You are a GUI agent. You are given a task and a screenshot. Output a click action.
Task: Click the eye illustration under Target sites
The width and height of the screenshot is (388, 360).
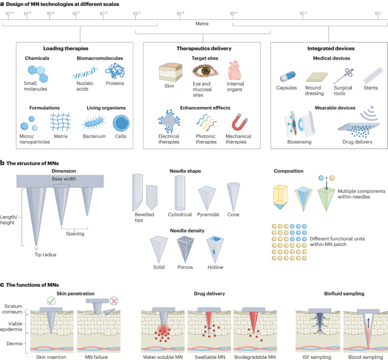point(204,71)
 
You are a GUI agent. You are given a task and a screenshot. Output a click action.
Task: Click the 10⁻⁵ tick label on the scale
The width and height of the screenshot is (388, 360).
point(137,12)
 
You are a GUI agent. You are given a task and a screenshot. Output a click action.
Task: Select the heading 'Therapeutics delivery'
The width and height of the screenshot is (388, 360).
point(194,49)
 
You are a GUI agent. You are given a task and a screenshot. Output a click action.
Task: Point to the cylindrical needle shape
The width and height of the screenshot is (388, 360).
point(180,192)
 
